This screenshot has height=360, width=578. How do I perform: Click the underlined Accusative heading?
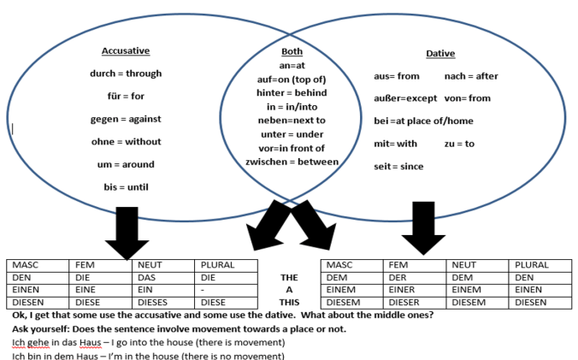pyautogui.click(x=126, y=50)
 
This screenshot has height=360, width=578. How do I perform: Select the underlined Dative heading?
pyautogui.click(x=440, y=53)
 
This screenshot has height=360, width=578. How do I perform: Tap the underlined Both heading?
pyautogui.click(x=292, y=51)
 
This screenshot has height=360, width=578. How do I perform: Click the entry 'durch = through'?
pyautogui.click(x=126, y=74)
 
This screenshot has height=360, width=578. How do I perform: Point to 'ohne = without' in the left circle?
pyautogui.click(x=126, y=141)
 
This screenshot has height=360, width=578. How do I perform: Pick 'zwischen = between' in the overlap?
pyautogui.click(x=292, y=162)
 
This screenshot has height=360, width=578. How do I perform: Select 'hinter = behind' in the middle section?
pyautogui.click(x=292, y=92)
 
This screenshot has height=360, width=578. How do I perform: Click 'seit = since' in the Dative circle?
pyautogui.click(x=398, y=166)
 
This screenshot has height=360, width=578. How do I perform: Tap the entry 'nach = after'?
pyautogui.click(x=471, y=76)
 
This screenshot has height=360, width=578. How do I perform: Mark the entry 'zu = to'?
pyautogui.click(x=459, y=144)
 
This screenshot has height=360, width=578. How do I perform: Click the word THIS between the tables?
pyautogui.click(x=289, y=301)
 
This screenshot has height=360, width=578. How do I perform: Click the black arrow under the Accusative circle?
pyautogui.click(x=127, y=233)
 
